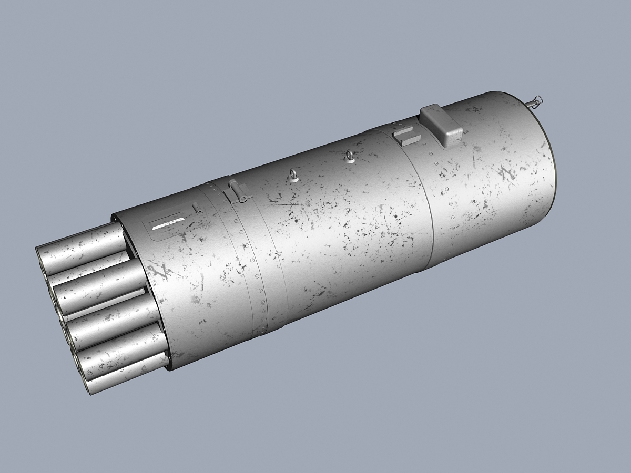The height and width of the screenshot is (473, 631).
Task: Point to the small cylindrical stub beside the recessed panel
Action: pos(197,209)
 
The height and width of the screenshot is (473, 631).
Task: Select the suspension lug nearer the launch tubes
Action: pos(295,176)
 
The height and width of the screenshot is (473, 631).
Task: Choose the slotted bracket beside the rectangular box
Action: pos(407,135)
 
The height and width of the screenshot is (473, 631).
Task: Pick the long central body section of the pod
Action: pos(337,221)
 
